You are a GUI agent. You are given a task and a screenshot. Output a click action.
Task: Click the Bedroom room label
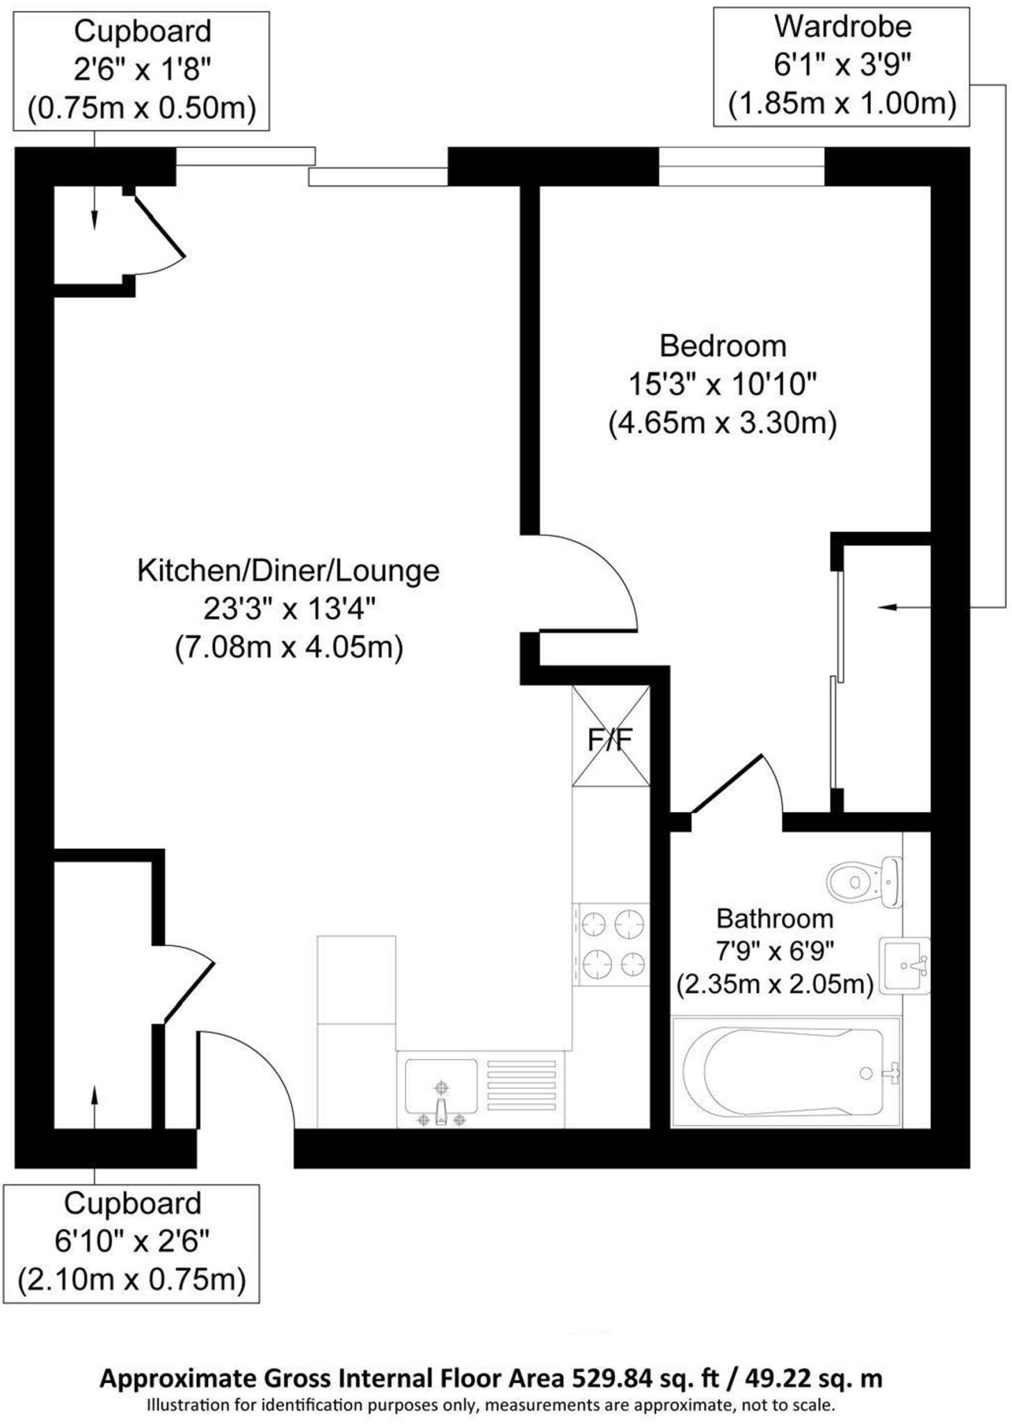pyautogui.click(x=723, y=346)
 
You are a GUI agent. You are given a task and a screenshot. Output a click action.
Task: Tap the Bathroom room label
pyautogui.click(x=774, y=919)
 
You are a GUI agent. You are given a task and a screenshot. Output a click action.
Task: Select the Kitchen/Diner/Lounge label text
pyautogui.click(x=288, y=571)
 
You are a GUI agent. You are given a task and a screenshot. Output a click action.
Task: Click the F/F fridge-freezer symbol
pyautogui.click(x=610, y=737)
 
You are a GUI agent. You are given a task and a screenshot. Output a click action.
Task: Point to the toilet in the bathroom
pyautogui.click(x=862, y=882)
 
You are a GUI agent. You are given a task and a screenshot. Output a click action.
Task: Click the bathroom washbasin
pyautogui.click(x=903, y=965)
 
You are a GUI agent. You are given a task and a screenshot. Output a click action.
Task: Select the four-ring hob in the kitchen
pyautogui.click(x=611, y=944)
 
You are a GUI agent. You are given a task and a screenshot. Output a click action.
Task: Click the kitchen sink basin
pyautogui.click(x=441, y=1085)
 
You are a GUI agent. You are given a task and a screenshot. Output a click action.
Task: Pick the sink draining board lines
pyautogui.click(x=522, y=1085)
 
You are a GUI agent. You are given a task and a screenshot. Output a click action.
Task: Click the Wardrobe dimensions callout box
pyautogui.click(x=842, y=67)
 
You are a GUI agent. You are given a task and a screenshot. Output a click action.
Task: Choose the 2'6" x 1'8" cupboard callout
pyautogui.click(x=141, y=71)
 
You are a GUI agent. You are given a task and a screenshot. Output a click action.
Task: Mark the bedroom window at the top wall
pyautogui.click(x=741, y=168)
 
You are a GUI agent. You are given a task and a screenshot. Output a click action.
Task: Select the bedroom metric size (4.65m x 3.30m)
pyautogui.click(x=722, y=423)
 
